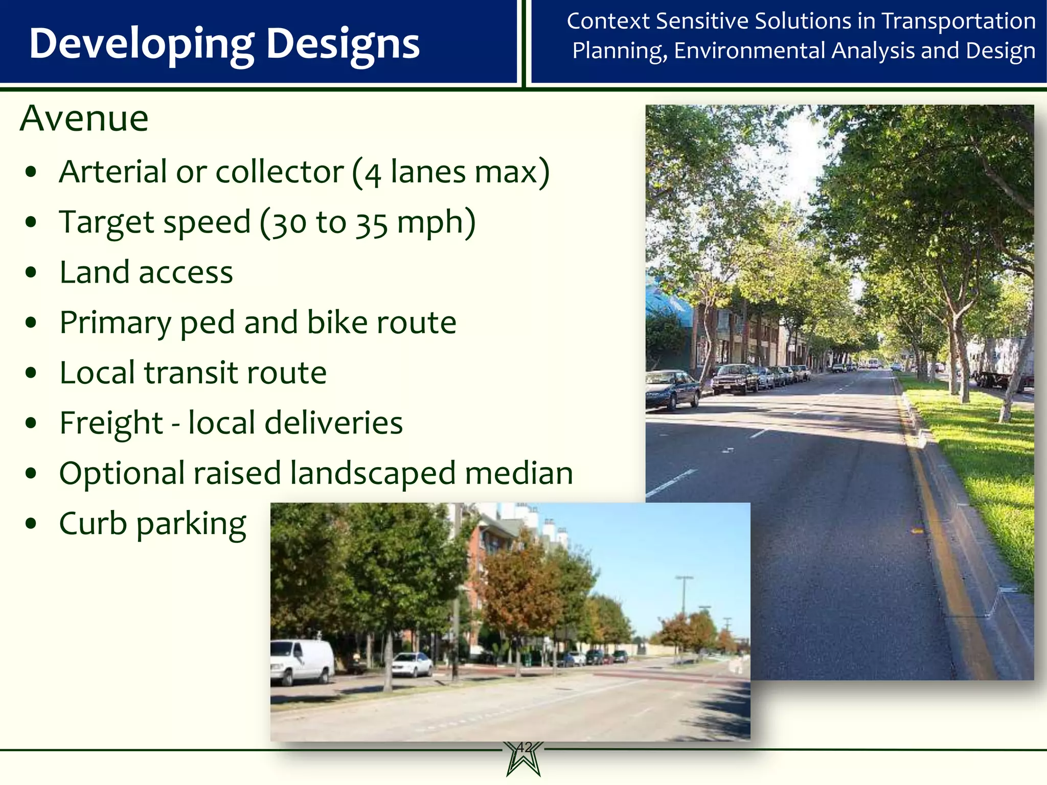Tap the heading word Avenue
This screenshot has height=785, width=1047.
point(84,119)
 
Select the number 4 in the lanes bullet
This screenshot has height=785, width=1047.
point(373,174)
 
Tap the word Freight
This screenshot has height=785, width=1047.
point(111,424)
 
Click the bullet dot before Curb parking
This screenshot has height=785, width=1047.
point(31,524)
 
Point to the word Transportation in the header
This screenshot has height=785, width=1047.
point(959,21)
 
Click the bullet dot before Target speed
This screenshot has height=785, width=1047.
point(31,223)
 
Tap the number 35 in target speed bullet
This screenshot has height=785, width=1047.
point(372,224)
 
